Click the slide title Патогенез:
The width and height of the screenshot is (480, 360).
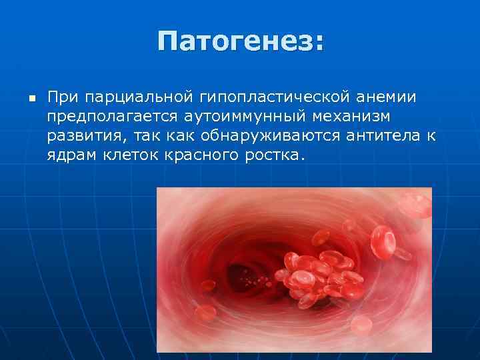click(x=241, y=43)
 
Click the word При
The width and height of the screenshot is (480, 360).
click(x=63, y=98)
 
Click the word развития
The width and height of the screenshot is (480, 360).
click(x=85, y=137)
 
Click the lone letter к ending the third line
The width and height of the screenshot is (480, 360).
click(x=431, y=137)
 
